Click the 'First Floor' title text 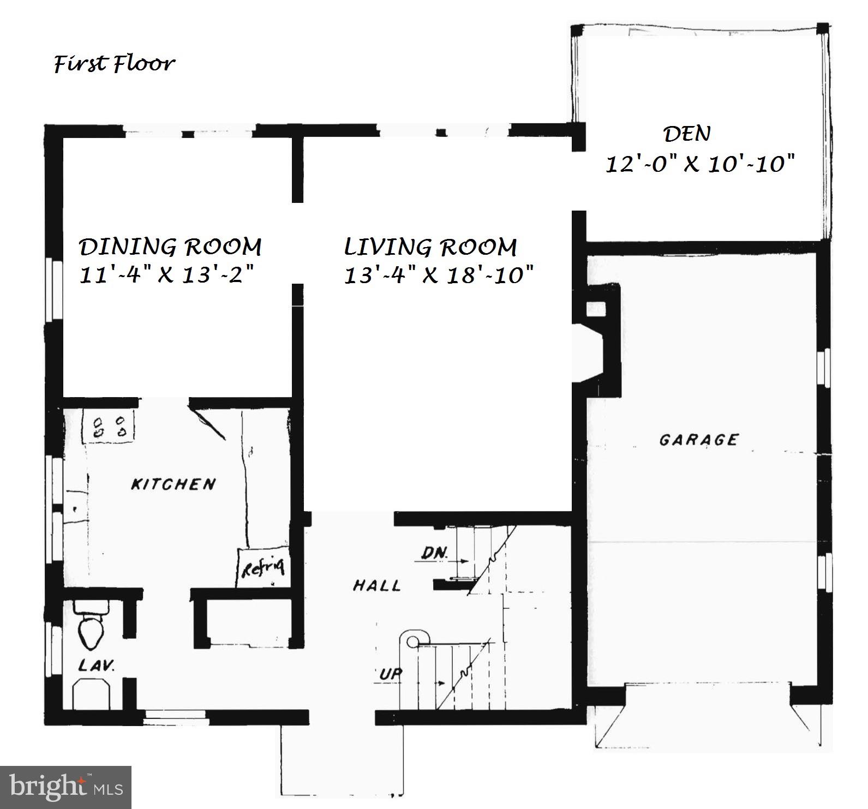114,64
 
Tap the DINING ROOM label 170,247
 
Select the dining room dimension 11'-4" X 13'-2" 167,274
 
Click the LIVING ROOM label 430,247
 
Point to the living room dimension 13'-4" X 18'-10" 438,274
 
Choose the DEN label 687,134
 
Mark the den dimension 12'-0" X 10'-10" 700,163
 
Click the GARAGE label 699,440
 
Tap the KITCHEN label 173,484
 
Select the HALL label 377,586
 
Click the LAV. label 96,666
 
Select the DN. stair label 435,553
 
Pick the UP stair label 391,674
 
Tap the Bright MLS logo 65,787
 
